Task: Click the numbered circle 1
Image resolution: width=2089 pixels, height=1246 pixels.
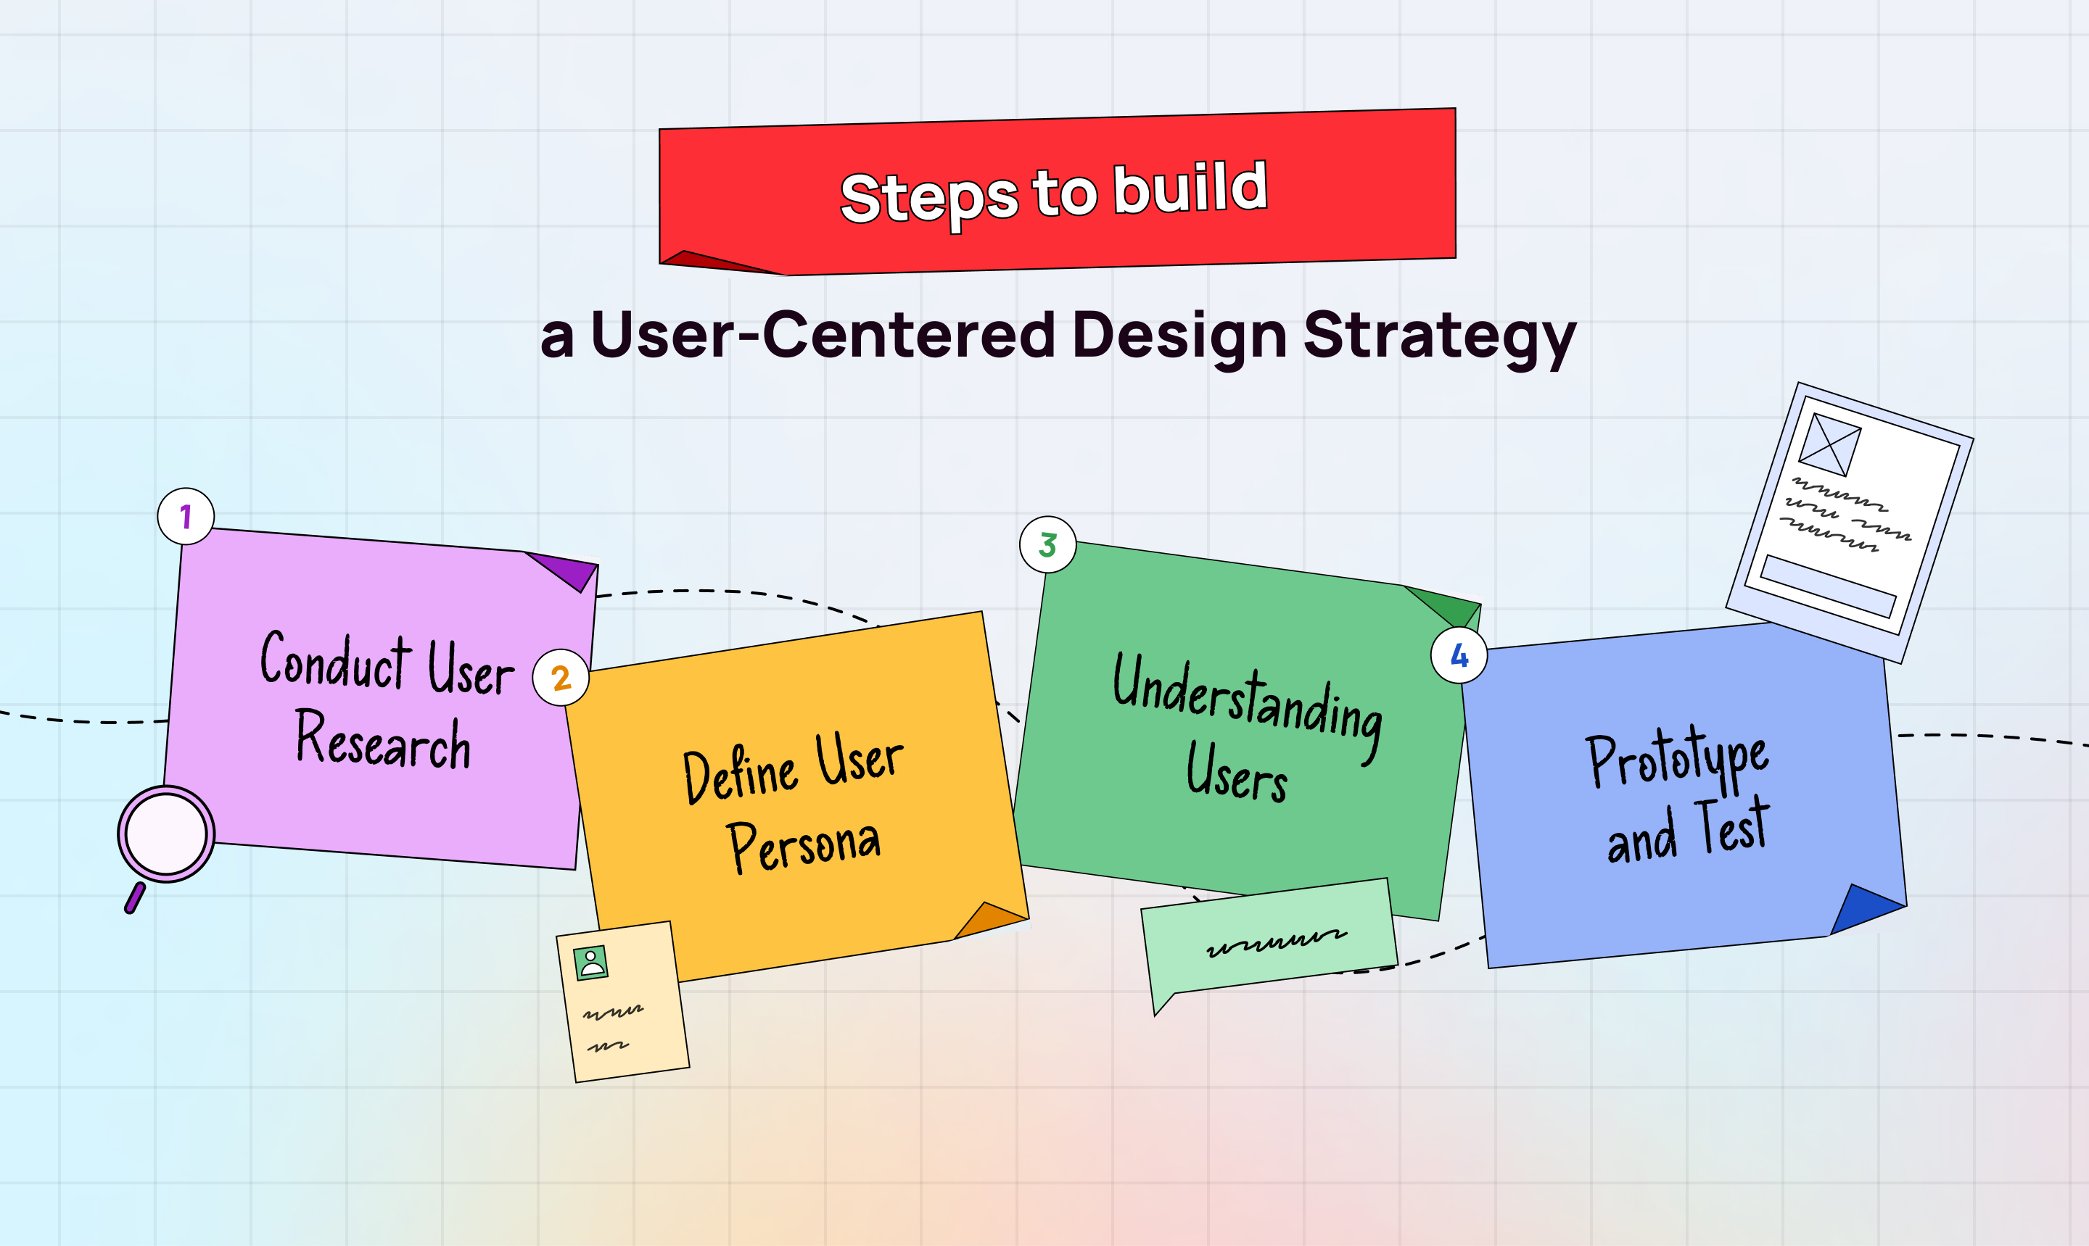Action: coord(186,516)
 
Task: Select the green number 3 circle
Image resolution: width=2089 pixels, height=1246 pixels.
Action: coord(1047,545)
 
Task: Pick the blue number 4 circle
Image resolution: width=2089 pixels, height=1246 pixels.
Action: coord(1459,655)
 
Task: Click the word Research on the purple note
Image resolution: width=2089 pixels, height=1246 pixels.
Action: coord(383,740)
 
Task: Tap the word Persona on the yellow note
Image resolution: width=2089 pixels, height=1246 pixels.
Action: coord(804,845)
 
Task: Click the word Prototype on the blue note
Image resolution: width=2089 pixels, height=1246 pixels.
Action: coord(1678,758)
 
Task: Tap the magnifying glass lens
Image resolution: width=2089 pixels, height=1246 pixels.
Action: coord(166,834)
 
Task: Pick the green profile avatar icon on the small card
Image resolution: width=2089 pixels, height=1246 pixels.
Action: coord(590,962)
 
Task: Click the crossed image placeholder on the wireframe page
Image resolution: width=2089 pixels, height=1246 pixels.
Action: coord(1829,445)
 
